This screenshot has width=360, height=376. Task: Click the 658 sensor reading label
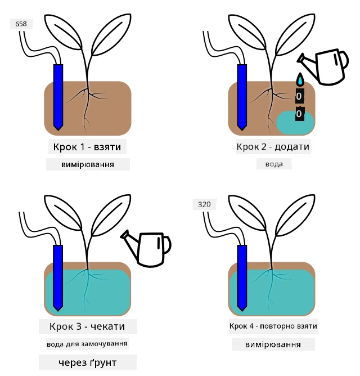pos(21,24)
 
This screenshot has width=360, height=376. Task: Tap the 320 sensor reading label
pos(204,204)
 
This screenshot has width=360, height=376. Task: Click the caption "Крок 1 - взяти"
pos(87,147)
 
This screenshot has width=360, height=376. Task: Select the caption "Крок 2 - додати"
pos(273,146)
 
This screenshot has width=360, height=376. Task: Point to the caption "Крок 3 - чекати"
pos(87,326)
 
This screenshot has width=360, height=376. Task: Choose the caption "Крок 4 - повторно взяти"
pos(273,326)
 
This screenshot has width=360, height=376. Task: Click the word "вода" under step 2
pos(274,164)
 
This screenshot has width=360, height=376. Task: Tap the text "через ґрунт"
pos(88,362)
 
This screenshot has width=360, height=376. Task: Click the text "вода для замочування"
pos(87,344)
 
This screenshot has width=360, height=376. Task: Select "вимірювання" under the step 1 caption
pos(88,164)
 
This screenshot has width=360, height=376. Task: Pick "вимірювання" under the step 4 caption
pos(273,344)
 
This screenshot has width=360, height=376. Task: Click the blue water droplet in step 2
pos(300,79)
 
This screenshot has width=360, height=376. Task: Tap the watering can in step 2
pos(323,66)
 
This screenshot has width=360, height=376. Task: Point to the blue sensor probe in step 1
pos(58,97)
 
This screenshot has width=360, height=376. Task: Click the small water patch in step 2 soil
pos(295,123)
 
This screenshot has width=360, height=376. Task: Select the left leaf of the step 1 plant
pos(63,32)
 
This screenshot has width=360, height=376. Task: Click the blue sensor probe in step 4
pos(242,278)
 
